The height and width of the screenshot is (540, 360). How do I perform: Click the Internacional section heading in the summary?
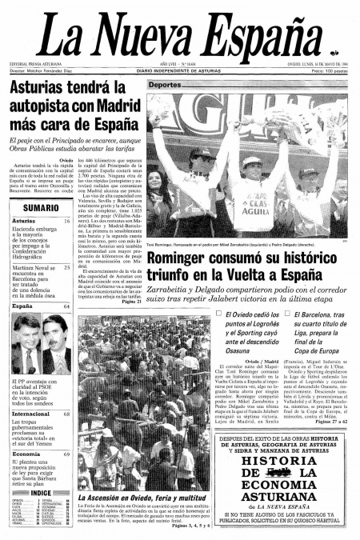[30, 414]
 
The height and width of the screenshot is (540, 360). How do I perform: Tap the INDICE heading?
[41, 493]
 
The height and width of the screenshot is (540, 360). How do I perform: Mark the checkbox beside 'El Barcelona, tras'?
[286, 315]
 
